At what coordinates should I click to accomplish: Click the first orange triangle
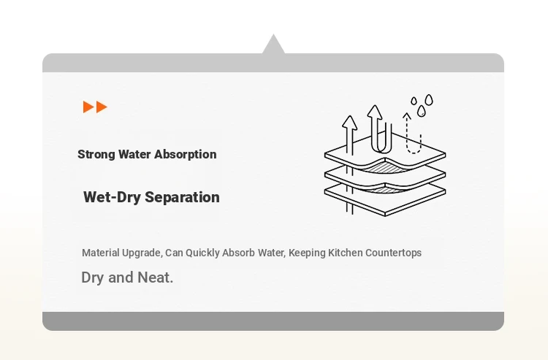pos(88,107)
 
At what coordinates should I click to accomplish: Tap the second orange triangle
pos(102,107)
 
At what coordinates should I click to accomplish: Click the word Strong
pos(96,154)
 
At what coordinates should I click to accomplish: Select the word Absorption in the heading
pos(186,154)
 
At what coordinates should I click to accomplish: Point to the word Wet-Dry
pos(112,197)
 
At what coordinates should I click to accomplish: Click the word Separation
pos(182,197)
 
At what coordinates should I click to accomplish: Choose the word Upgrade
pos(142,253)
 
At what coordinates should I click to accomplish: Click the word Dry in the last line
pos(93,277)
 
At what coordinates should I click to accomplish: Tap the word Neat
pos(155,277)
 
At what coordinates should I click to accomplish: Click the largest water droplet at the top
pos(429,100)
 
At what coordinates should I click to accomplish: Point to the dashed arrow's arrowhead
pos(406,115)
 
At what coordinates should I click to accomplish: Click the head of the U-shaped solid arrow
pos(375,111)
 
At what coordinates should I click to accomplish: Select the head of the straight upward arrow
pos(349,122)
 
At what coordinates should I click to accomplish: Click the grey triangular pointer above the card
pos(273,45)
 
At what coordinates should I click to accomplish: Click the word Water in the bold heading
pos(134,154)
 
